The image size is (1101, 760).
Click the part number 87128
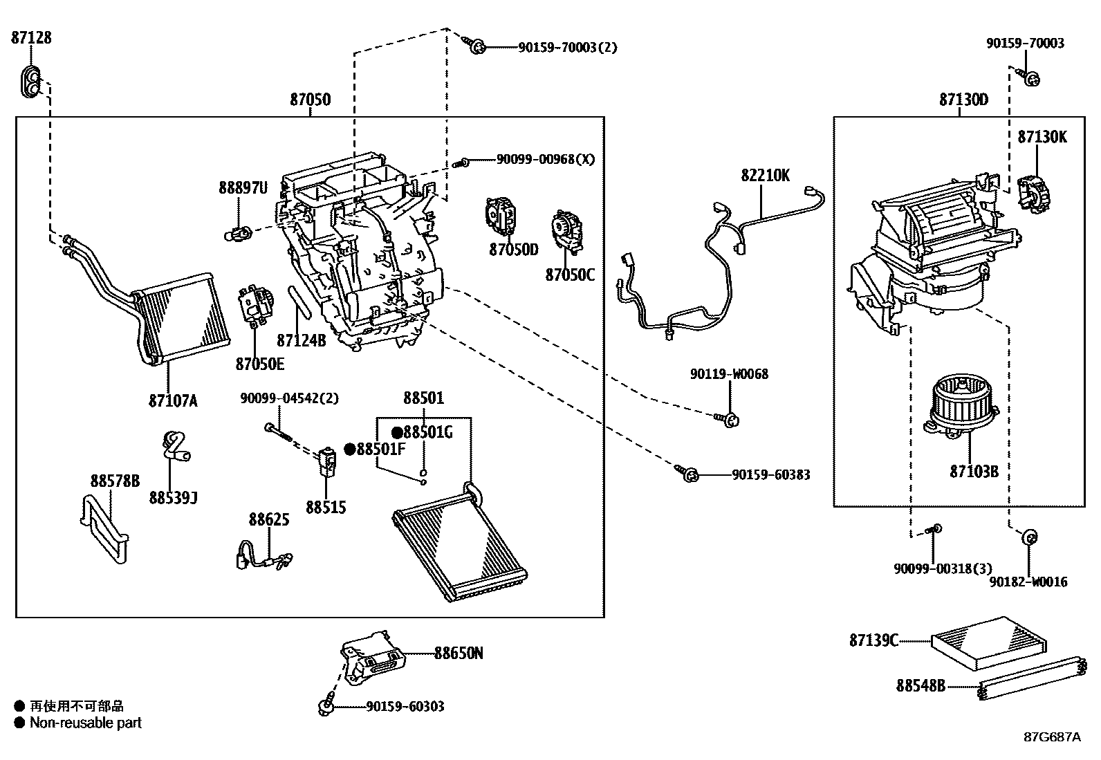31,37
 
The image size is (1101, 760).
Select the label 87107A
172,400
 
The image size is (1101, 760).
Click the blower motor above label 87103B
961,408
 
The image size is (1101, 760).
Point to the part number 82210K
765,176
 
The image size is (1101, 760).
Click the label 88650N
459,652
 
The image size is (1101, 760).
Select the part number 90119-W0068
729,374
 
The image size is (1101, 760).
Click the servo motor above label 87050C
567,233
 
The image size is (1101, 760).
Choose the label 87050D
513,250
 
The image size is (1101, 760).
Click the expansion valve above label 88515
326,460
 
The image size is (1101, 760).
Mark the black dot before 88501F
349,449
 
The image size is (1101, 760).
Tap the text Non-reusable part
86,723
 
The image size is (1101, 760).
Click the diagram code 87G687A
1052,736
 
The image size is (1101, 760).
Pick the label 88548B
920,685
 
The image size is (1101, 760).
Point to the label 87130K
1042,137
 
